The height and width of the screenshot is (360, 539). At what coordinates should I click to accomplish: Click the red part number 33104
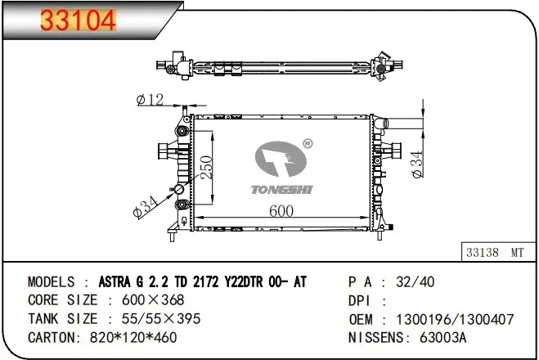click(x=78, y=20)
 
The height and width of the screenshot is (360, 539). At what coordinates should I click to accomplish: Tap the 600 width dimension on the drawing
click(x=281, y=211)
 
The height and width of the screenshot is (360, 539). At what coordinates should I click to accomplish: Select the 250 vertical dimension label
click(x=207, y=168)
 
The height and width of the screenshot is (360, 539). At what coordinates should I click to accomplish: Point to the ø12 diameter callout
click(x=150, y=100)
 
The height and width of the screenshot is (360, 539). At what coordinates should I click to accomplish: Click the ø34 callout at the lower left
click(x=145, y=207)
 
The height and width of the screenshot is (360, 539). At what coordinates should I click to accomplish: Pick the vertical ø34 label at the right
click(x=417, y=164)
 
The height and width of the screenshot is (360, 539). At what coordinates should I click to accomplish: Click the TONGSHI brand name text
click(x=281, y=190)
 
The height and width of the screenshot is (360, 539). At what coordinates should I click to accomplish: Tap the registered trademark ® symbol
click(x=308, y=143)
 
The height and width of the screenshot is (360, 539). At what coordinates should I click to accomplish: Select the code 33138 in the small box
click(x=483, y=252)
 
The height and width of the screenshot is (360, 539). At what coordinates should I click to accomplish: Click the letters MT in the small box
click(x=517, y=253)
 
